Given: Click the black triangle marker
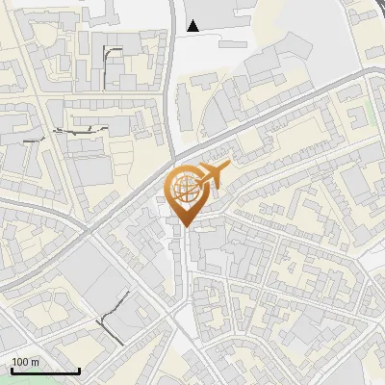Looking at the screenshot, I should (x=195, y=26).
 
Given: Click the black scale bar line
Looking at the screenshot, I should (x=45, y=371).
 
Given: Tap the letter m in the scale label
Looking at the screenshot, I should (x=36, y=362).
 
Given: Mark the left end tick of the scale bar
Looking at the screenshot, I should (x=12, y=369).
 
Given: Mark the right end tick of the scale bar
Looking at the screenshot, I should (x=79, y=369).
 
